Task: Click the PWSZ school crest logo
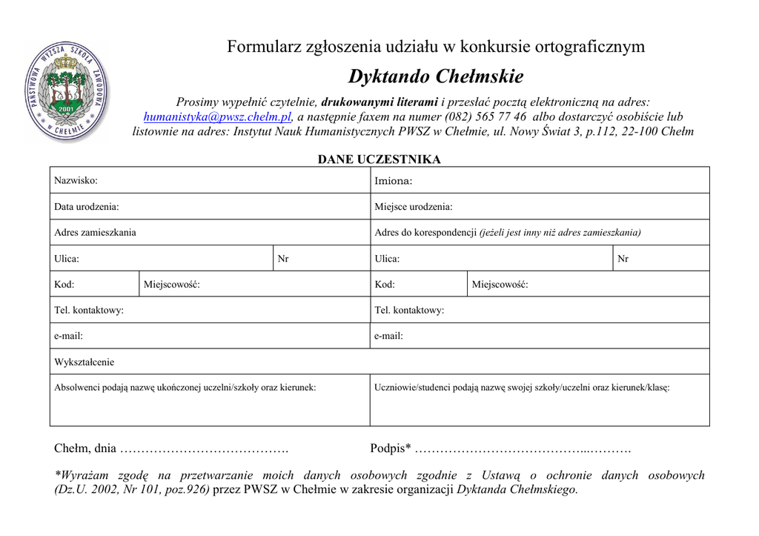coord(66,91)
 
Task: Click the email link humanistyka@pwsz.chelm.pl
coord(217,117)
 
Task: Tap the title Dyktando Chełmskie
coord(436,76)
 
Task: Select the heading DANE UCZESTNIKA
coord(379,159)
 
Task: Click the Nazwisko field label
coord(76,180)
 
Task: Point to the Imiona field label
coord(393,181)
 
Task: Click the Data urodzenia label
coord(86,207)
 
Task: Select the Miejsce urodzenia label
coord(413,207)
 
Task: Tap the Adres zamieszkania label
coord(95,233)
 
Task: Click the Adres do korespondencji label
coord(425,233)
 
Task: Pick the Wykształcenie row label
coord(84,363)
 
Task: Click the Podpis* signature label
coord(390,449)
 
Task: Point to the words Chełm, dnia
coord(85,449)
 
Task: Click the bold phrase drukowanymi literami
coord(379,102)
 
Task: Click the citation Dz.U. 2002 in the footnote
coord(93,490)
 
